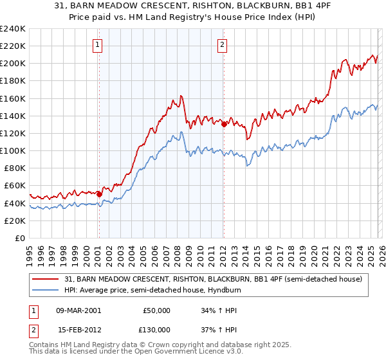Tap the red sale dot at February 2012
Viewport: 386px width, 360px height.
click(224, 124)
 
